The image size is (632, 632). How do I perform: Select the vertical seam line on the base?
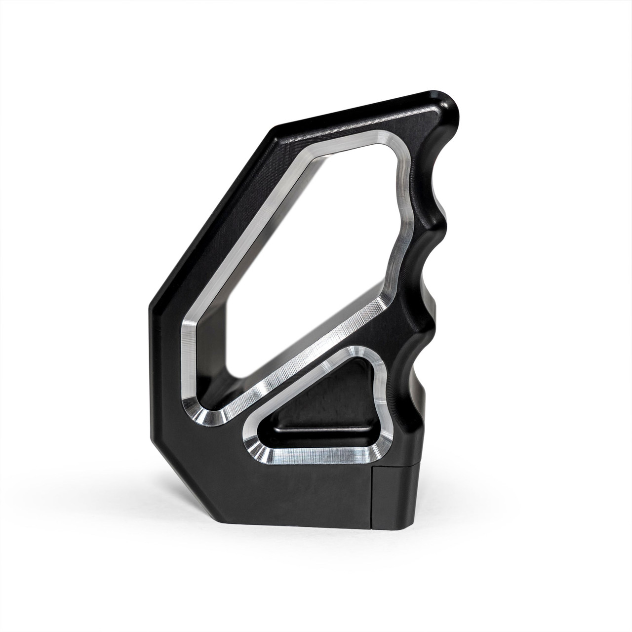tap(371, 499)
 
